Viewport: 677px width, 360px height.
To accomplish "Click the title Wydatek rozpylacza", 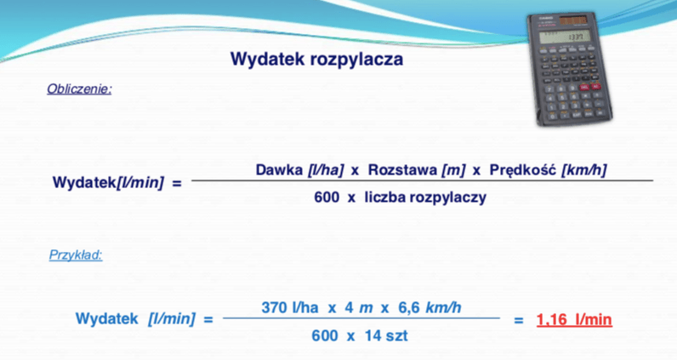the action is (316, 60).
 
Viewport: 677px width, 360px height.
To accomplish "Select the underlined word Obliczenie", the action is (79, 89).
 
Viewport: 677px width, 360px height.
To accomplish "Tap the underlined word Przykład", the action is (76, 255).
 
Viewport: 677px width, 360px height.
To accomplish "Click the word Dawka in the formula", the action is (279, 170).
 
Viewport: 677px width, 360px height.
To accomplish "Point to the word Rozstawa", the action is (402, 170).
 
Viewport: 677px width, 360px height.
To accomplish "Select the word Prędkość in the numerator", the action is (523, 170).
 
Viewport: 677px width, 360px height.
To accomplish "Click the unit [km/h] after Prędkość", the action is (583, 170).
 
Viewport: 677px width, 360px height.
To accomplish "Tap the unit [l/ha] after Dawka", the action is (326, 170).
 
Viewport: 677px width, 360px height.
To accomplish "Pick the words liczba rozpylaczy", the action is (426, 197).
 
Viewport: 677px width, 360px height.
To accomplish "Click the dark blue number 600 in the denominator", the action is (327, 197).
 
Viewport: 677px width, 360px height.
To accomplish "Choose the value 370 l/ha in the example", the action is (290, 308).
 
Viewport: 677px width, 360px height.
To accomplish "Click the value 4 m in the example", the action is (358, 308).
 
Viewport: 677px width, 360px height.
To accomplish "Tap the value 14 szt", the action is (386, 335).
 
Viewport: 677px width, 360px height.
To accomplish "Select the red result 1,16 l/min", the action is (574, 320).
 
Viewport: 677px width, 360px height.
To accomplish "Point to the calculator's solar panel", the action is (573, 20).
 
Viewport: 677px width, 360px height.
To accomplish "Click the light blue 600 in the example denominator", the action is (325, 335).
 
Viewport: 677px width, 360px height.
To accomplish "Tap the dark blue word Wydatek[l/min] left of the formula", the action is (108, 183).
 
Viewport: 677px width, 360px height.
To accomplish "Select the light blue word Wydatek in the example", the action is (106, 319).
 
